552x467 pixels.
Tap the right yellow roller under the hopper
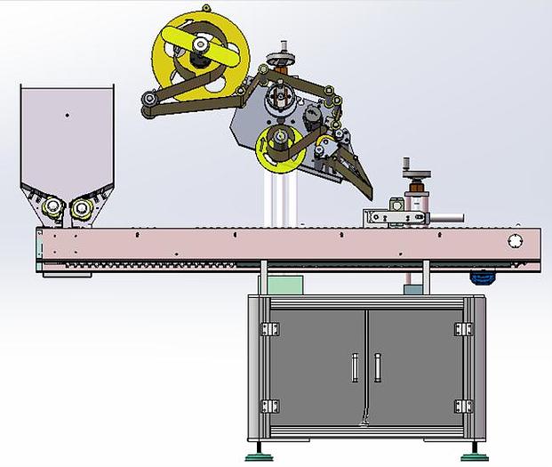click(83, 209)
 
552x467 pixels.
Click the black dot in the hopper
click(67, 116)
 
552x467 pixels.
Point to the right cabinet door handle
click(377, 366)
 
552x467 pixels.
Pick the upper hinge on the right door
click(462, 329)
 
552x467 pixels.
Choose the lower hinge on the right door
click(462, 406)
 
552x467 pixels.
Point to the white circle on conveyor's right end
click(514, 241)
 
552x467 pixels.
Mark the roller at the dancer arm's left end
click(148, 109)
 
